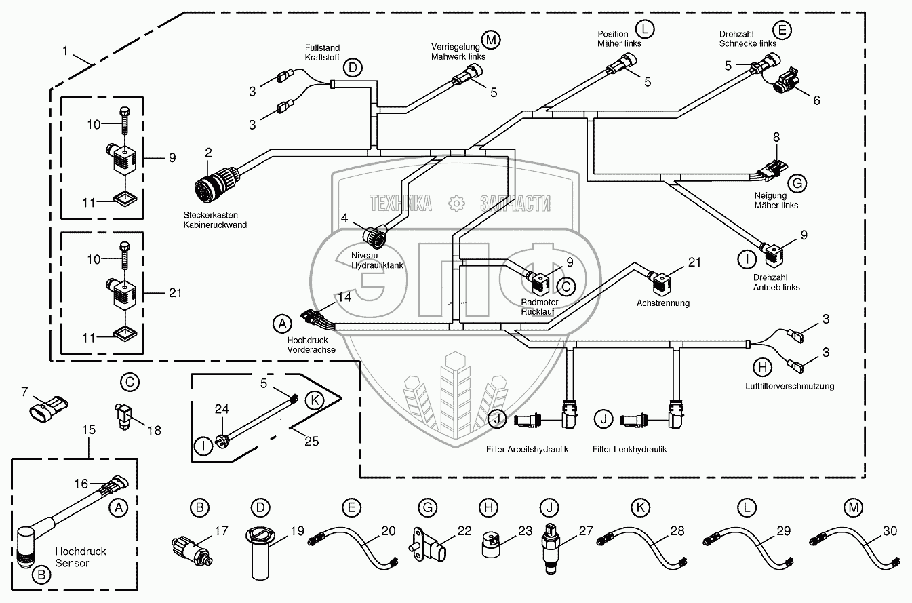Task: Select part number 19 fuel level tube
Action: click(263, 556)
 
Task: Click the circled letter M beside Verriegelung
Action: click(491, 39)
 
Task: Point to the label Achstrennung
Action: click(663, 303)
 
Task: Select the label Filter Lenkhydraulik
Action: click(629, 449)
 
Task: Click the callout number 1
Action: click(65, 50)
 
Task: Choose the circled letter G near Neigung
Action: click(797, 183)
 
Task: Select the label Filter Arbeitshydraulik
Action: click(527, 449)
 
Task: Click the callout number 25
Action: click(311, 442)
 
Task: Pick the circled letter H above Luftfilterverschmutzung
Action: click(763, 367)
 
